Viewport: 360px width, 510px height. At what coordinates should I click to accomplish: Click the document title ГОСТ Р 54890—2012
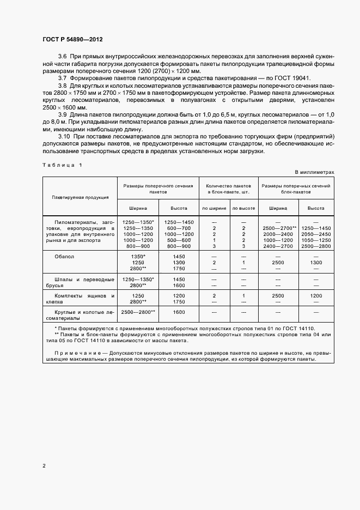click(72, 40)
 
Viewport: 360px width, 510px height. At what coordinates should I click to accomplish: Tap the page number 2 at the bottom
click(44, 466)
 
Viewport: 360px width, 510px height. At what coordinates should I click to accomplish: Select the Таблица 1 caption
click(62, 165)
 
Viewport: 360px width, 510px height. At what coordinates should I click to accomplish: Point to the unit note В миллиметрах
click(314, 172)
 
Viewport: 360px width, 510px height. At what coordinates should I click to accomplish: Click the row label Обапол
click(64, 256)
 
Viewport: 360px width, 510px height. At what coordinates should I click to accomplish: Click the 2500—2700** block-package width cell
click(279, 228)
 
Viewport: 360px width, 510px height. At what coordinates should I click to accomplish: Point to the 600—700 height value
click(179, 228)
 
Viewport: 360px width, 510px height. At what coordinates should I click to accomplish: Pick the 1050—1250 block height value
click(315, 240)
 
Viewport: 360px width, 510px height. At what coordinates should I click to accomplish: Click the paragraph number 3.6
click(62, 57)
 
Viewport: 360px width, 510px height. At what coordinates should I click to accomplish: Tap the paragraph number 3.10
click(64, 136)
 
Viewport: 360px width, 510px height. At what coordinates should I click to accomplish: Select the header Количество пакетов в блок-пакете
click(228, 189)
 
